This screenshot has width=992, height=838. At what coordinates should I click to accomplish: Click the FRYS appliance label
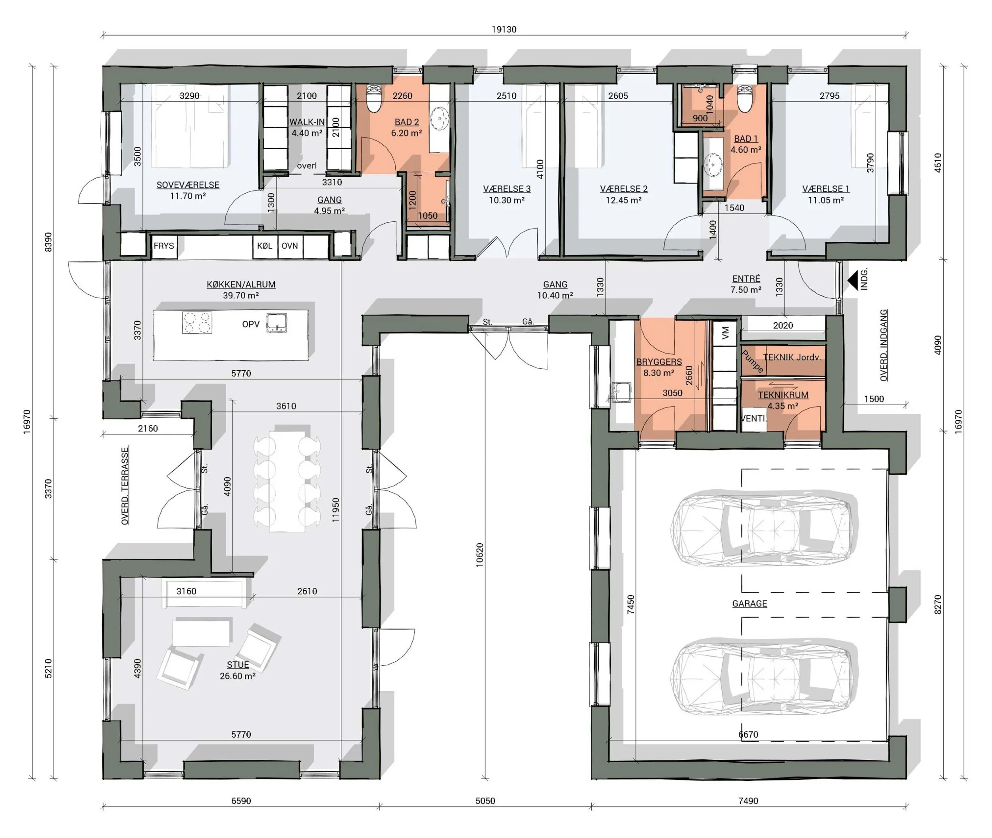[x=164, y=246]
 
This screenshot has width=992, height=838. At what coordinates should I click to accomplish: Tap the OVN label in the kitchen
[x=290, y=246]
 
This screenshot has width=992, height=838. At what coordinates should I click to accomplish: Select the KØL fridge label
[x=265, y=246]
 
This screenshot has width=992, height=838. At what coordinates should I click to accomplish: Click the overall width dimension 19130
[x=504, y=29]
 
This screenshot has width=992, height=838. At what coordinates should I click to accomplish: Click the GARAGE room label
[x=750, y=604]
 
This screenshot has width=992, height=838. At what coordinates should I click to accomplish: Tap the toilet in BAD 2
[x=374, y=99]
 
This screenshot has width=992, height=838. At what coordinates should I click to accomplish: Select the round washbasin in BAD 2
[x=440, y=118]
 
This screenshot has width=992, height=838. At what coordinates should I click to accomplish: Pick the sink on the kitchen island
[x=277, y=322]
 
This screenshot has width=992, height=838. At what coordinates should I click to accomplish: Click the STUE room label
[x=238, y=665]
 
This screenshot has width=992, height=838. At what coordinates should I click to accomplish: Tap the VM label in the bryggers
[x=725, y=333]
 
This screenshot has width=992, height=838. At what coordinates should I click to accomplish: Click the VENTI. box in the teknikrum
[x=754, y=419]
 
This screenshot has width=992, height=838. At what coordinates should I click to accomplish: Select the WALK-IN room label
[x=307, y=122]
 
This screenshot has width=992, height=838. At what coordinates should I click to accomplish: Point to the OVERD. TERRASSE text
[x=125, y=486]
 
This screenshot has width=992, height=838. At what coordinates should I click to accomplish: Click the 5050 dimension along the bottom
[x=485, y=801]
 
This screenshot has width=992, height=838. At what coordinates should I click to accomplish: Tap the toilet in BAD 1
[x=744, y=98]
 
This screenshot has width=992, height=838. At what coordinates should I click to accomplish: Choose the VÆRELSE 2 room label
[x=624, y=189]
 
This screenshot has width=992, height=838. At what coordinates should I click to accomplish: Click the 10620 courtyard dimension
[x=479, y=555]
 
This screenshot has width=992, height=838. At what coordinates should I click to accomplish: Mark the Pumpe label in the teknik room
[x=753, y=361]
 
